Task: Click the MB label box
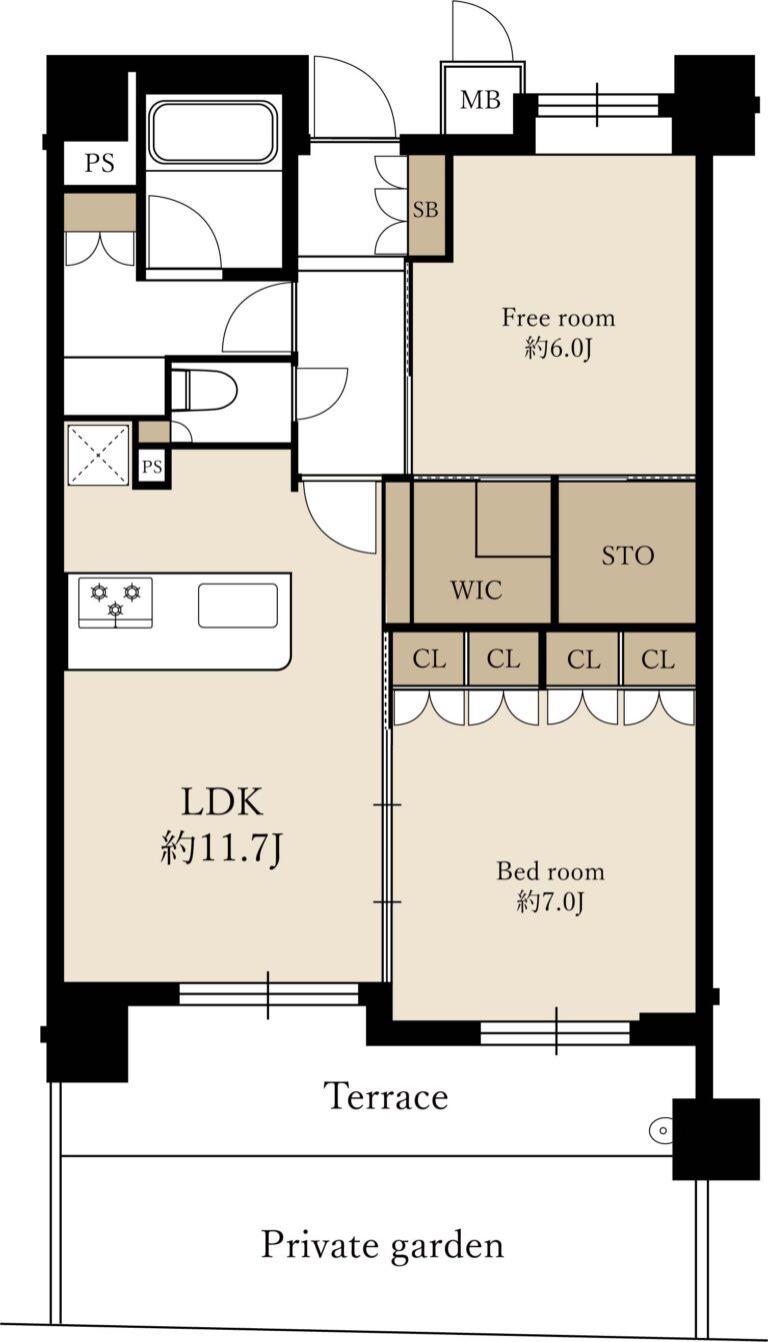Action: (481, 100)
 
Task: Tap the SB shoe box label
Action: (425, 210)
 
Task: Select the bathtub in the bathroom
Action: (213, 132)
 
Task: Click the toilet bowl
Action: (204, 390)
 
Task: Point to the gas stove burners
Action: (115, 603)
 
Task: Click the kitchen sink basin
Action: (238, 606)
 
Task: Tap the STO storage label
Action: (628, 556)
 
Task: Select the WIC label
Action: (477, 591)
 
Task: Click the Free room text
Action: (558, 318)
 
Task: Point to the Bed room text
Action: (550, 871)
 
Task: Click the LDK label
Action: (222, 801)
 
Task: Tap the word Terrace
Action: (386, 1096)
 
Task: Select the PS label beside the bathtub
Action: (99, 163)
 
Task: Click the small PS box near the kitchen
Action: (152, 467)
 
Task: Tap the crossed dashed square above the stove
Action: (98, 455)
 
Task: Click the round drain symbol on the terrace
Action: (662, 1130)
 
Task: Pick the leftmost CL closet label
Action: (429, 660)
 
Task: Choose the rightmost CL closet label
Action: (658, 660)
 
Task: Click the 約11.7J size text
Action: (221, 849)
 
